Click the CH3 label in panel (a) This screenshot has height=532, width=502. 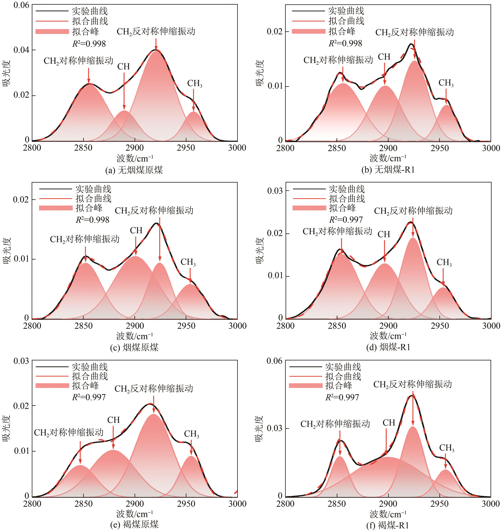(195, 84)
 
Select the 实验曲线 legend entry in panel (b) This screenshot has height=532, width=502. (346, 11)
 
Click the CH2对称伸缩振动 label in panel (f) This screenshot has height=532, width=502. (335, 424)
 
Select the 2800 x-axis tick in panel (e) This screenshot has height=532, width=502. (32, 504)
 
